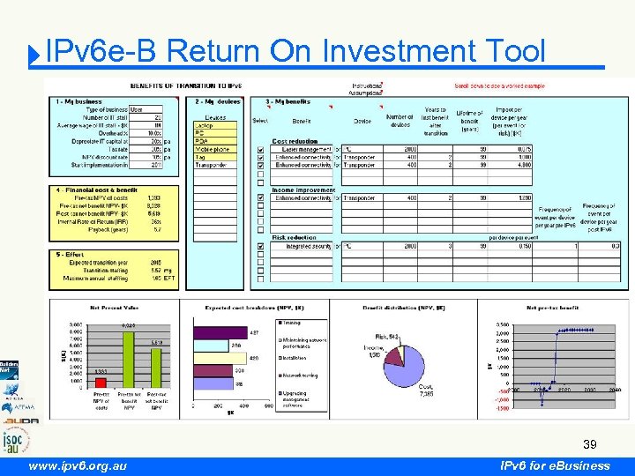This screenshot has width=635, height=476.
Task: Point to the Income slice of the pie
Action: click(x=389, y=352)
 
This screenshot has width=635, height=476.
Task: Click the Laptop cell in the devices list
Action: click(x=213, y=125)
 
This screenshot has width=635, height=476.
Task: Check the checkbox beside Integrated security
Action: click(x=260, y=247)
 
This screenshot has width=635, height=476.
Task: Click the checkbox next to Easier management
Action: click(x=260, y=149)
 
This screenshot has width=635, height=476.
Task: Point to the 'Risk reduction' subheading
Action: click(x=294, y=237)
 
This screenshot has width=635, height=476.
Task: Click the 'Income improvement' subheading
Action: click(x=303, y=189)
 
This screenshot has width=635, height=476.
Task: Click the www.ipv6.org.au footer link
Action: click(x=78, y=465)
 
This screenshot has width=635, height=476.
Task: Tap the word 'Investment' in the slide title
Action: click(x=396, y=51)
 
